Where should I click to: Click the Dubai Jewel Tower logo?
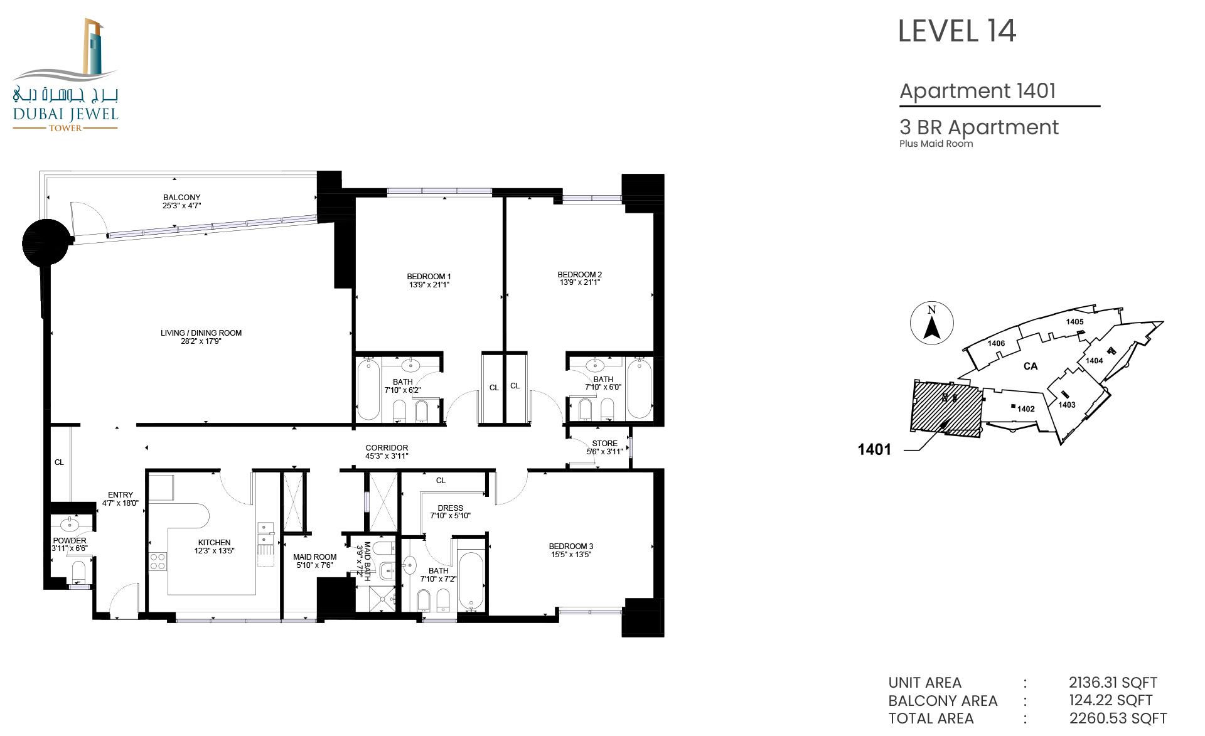(x=65, y=75)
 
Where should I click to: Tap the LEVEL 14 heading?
(x=957, y=31)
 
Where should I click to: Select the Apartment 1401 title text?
(x=978, y=91)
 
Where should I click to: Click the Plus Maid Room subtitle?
(x=936, y=144)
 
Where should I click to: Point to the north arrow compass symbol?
(x=932, y=323)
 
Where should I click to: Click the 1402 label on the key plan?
(x=1026, y=409)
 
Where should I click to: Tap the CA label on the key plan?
(x=1031, y=366)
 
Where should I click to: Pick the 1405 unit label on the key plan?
(x=1074, y=322)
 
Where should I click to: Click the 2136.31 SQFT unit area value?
(x=1113, y=683)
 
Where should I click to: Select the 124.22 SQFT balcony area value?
(x=1111, y=700)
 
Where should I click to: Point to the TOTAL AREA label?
(x=931, y=718)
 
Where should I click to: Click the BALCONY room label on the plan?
(x=182, y=198)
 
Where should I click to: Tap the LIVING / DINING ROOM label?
(x=201, y=333)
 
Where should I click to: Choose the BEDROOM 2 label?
(x=580, y=275)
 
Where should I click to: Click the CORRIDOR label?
(x=387, y=448)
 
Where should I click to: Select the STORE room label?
(x=605, y=444)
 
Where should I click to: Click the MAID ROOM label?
(x=315, y=557)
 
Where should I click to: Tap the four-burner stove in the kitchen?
(x=158, y=562)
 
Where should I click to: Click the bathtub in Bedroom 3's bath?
(x=471, y=581)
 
